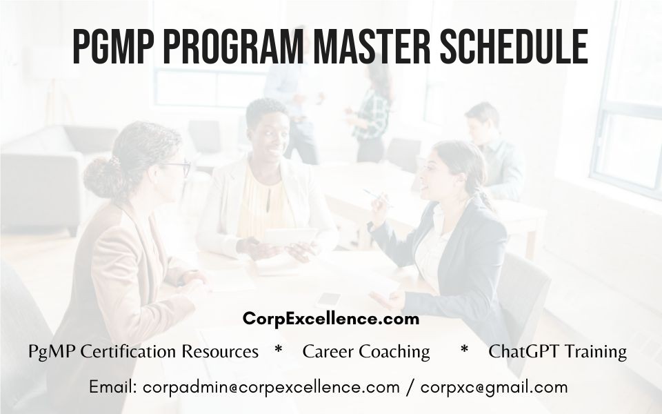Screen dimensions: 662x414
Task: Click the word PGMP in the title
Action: [113, 46]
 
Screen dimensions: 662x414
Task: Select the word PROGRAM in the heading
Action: [232, 46]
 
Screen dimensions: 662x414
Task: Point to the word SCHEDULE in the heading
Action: [514, 46]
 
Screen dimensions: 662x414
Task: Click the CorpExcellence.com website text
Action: [331, 319]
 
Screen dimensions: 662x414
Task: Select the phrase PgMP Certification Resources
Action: [143, 351]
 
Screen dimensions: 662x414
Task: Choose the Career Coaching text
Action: [366, 351]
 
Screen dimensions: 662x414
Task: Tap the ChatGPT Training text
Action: [557, 351]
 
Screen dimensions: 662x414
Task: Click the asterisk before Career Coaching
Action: [278, 350]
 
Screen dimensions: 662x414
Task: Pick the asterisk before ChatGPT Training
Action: [464, 350]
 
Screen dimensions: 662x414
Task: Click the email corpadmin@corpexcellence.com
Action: [271, 387]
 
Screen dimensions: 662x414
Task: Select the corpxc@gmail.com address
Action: [494, 388]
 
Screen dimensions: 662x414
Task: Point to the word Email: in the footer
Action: [112, 387]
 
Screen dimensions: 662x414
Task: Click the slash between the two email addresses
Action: [410, 388]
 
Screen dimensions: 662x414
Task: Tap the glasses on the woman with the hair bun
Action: [179, 167]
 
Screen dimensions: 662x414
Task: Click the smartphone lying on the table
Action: [328, 300]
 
